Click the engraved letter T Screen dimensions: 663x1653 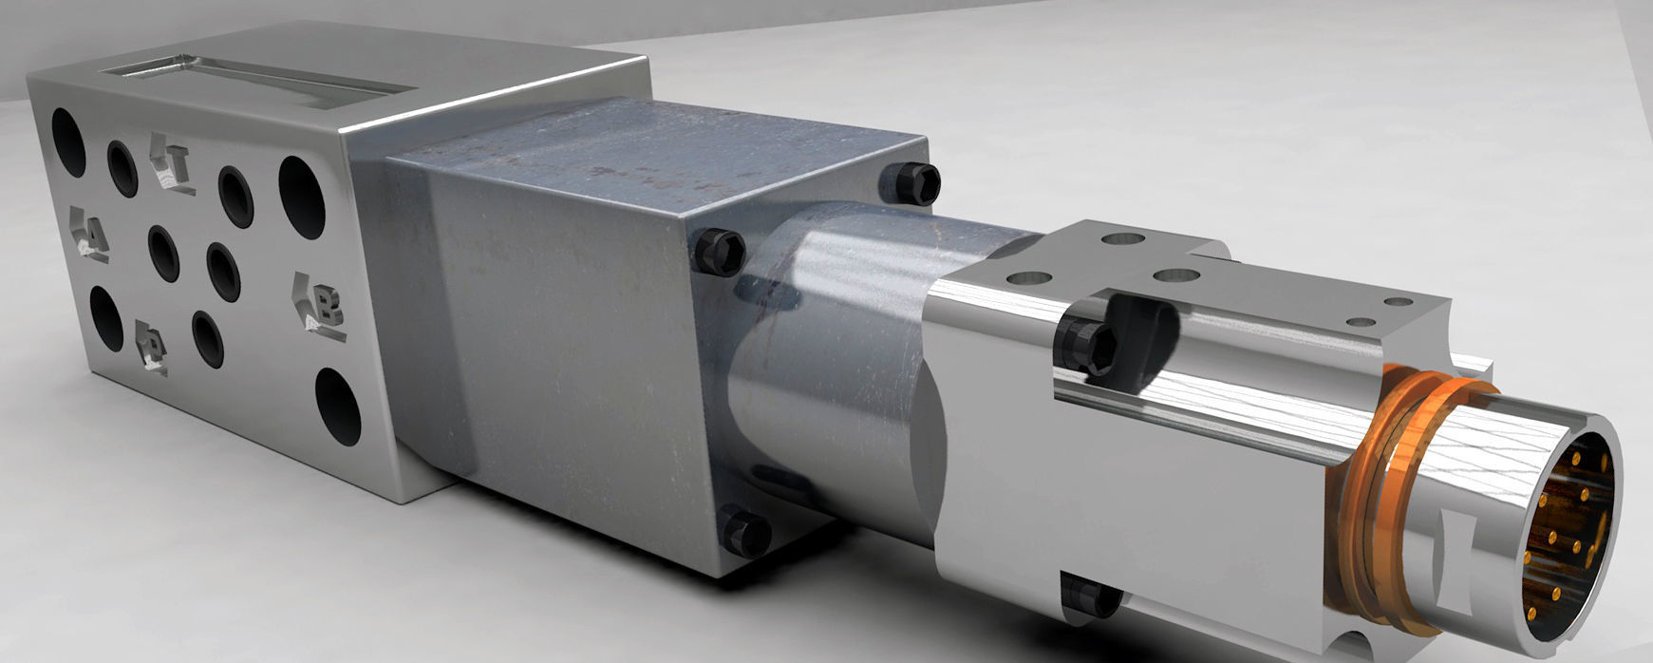click(173, 165)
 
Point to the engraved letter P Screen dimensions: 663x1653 click(151, 346)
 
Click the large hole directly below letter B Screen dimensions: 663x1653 click(337, 406)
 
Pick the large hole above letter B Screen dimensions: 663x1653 click(302, 197)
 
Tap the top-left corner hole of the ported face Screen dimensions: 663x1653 click(67, 142)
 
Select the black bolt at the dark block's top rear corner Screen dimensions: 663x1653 click(917, 181)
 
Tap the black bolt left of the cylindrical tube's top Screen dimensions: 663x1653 click(718, 252)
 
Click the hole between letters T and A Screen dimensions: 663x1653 click(122, 168)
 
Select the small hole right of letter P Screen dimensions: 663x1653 click(207, 338)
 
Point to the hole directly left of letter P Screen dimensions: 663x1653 click(105, 318)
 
